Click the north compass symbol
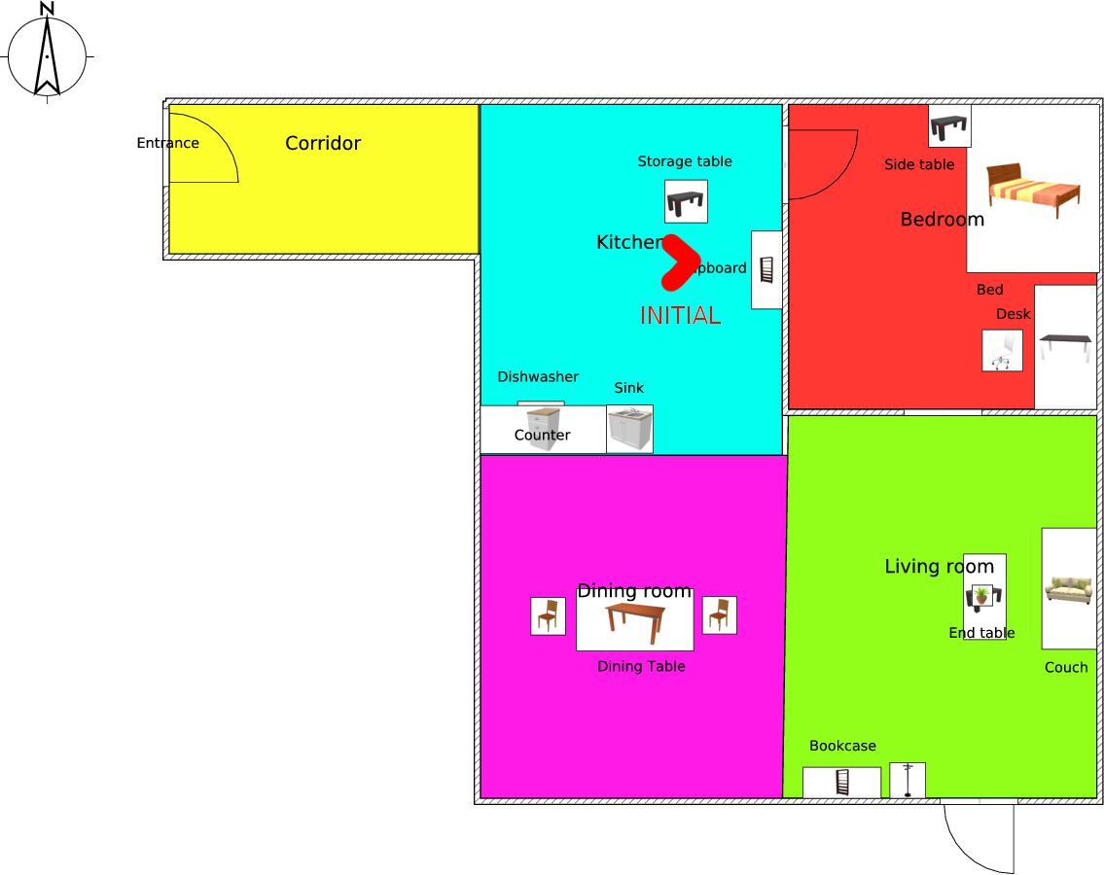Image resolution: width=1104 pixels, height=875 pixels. (47, 54)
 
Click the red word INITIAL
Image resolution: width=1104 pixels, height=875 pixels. (680, 316)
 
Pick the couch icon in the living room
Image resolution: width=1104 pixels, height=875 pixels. (1068, 589)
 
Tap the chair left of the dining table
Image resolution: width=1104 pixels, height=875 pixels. (548, 615)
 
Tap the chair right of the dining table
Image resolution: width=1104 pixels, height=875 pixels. (719, 614)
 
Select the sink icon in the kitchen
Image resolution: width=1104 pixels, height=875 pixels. (629, 429)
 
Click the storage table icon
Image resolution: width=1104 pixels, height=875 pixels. (686, 201)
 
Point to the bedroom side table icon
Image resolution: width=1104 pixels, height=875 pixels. (949, 126)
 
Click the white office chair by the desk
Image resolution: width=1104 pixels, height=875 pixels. (1002, 350)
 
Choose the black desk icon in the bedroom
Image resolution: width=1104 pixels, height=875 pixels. (1065, 345)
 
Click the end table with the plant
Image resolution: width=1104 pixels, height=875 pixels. (983, 595)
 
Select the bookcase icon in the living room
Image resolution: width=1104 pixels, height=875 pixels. (842, 782)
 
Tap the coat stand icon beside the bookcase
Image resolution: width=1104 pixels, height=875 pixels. (908, 780)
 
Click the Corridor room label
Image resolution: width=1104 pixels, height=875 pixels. (323, 144)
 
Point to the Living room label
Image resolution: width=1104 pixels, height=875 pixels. (939, 566)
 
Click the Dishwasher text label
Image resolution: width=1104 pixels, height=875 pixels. (538, 377)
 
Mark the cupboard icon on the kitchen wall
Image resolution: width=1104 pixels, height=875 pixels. (766, 269)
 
